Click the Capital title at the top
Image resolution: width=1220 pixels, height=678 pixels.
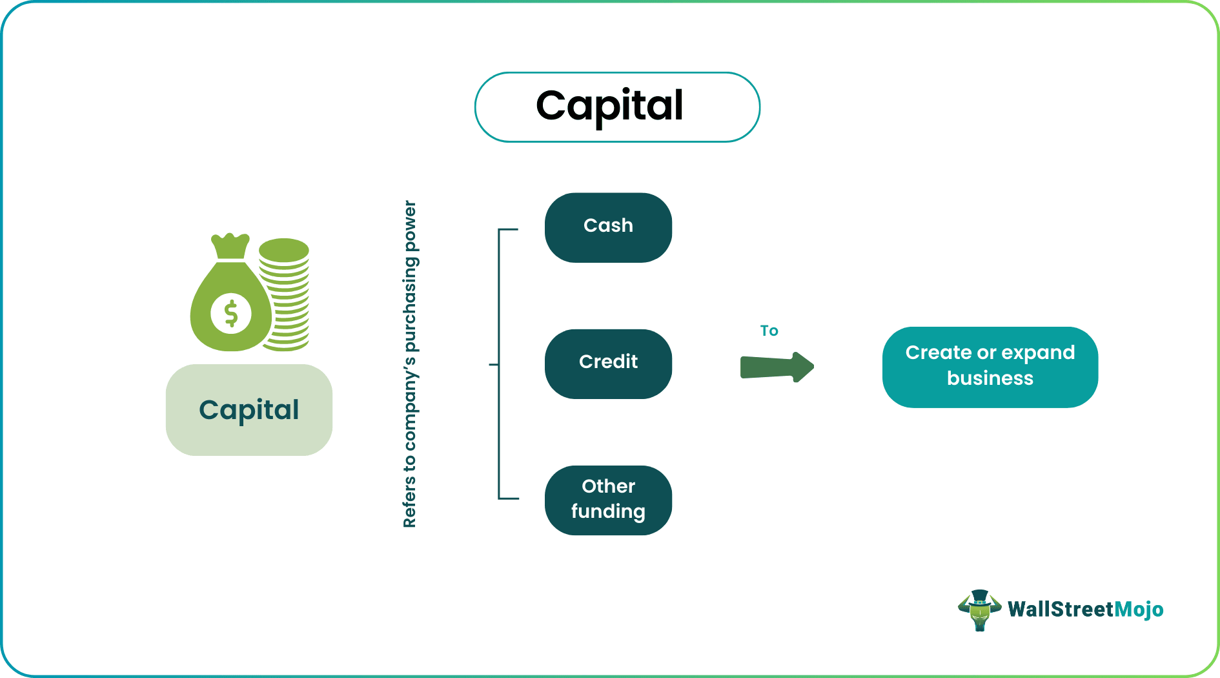tap(609, 107)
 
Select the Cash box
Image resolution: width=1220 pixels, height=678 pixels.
tap(608, 227)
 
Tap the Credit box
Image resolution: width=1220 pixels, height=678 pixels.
tap(608, 364)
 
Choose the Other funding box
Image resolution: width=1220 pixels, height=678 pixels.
tap(608, 500)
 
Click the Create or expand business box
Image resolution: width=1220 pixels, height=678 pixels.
tap(990, 367)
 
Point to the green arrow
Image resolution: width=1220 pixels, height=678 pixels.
tap(777, 367)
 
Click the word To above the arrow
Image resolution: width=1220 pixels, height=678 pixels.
tap(769, 331)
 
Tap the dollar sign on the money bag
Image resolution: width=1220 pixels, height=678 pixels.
tap(231, 314)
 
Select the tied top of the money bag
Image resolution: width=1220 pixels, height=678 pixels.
tap(230, 246)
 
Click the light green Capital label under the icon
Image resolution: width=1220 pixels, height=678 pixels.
tap(249, 410)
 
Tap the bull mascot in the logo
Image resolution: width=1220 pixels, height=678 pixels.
tap(979, 610)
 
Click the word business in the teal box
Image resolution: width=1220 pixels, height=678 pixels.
tap(990, 378)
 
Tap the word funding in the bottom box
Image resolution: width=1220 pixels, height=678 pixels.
tap(608, 511)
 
